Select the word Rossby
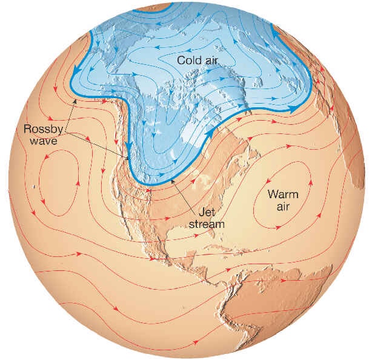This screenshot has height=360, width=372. pyautogui.click(x=41, y=129)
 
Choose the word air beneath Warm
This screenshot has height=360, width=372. pyautogui.click(x=281, y=207)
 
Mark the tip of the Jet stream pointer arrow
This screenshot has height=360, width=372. pyautogui.click(x=173, y=178)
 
